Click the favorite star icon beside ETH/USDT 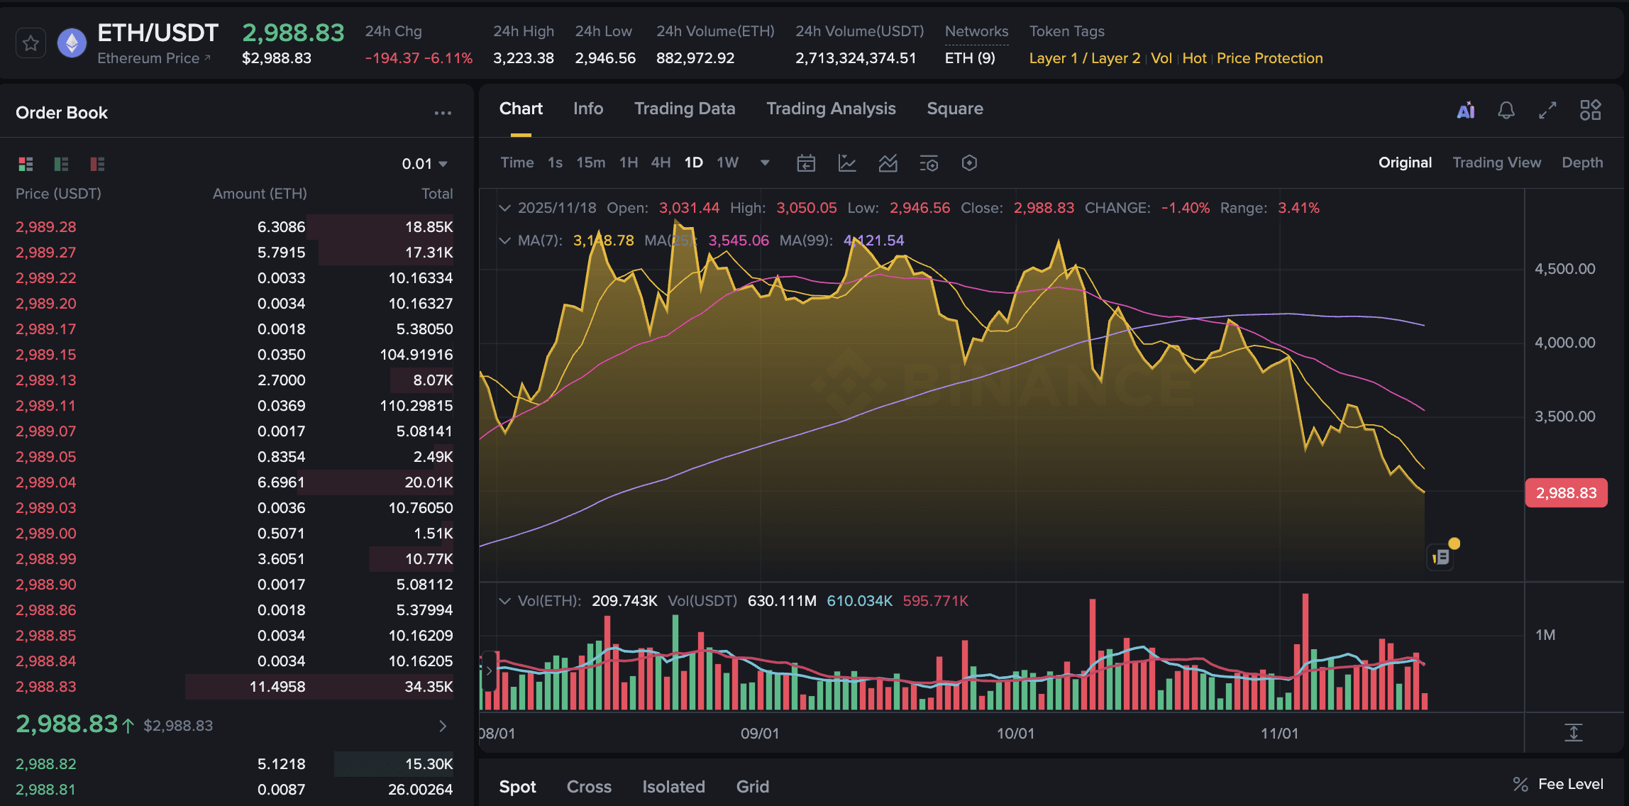[31, 43]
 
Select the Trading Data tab [684, 109]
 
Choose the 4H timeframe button [661, 162]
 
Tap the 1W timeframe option [727, 162]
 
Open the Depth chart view [1581, 162]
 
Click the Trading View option [1496, 162]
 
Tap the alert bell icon [1506, 110]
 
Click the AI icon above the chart [1465, 110]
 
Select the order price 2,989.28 [46, 227]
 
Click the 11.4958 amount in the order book [277, 687]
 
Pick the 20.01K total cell [429, 482]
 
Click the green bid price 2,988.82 [46, 764]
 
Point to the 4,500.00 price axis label [1564, 269]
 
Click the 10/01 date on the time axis [1015, 734]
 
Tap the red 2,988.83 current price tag [1566, 493]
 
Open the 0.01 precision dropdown [424, 164]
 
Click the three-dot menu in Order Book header [443, 113]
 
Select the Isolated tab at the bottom [673, 787]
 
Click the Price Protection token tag [1269, 58]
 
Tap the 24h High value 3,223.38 [523, 58]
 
